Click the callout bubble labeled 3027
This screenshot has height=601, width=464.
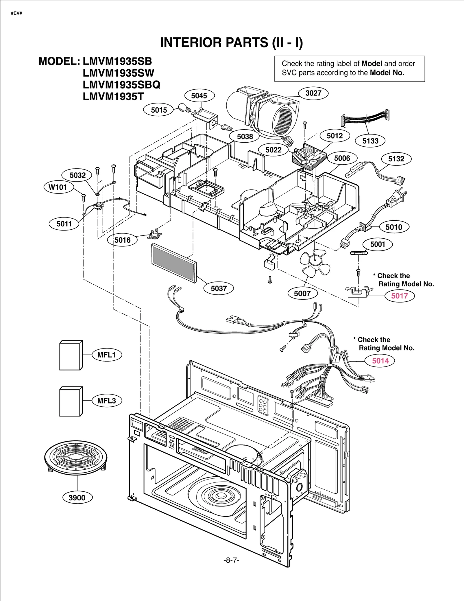click(313, 93)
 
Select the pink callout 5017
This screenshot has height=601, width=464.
click(399, 296)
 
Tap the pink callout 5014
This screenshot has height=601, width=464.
click(380, 361)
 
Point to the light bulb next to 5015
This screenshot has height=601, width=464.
click(183, 108)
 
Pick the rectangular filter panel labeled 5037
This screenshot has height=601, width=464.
click(174, 263)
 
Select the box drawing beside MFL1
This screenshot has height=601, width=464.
click(71, 355)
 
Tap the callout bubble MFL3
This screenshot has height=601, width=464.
click(106, 401)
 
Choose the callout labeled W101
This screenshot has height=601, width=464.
click(58, 187)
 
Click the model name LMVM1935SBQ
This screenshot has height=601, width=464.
click(121, 85)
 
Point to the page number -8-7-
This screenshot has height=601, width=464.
click(231, 560)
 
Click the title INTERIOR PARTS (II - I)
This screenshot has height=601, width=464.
click(231, 43)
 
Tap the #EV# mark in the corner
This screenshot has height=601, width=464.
click(17, 13)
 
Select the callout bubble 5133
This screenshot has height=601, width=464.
click(370, 141)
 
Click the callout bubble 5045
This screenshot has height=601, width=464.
click(199, 96)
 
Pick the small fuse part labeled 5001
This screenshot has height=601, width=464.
click(359, 253)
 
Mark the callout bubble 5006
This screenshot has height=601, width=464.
click(342, 158)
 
